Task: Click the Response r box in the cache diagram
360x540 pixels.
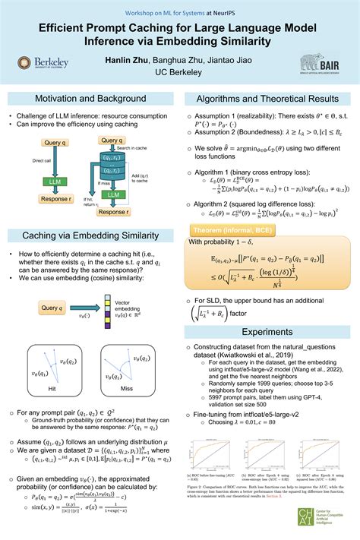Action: pos(112,212)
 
